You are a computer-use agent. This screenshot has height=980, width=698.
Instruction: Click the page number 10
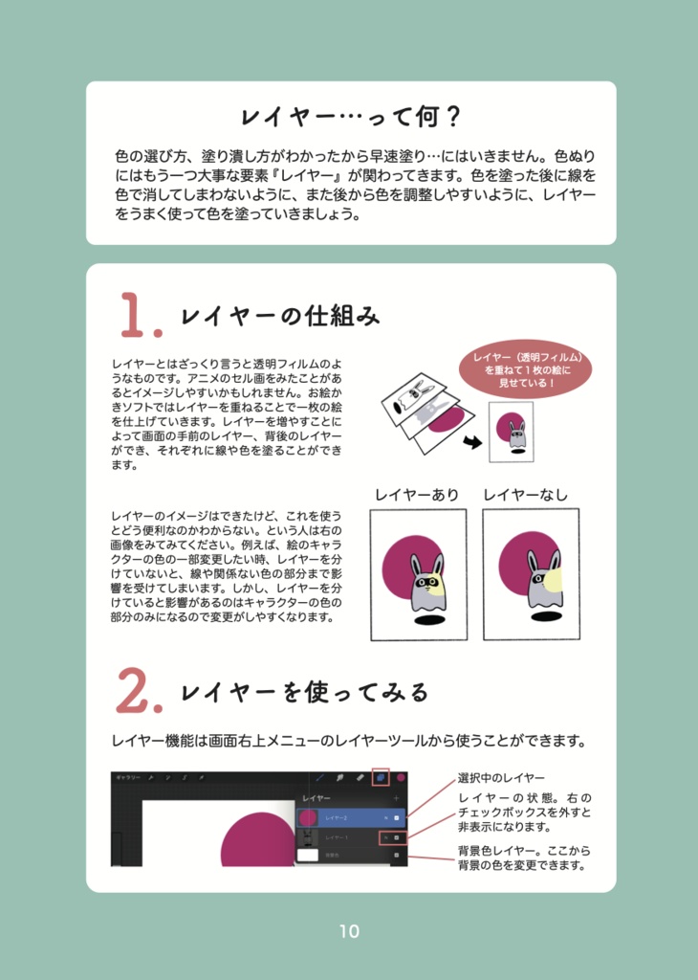point(348,931)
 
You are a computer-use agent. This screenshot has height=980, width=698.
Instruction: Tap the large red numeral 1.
point(140,318)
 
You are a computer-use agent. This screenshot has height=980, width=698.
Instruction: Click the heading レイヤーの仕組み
point(279,317)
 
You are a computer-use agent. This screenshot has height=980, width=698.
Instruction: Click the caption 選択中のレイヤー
point(501,777)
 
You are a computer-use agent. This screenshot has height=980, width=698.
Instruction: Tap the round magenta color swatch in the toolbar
point(402,778)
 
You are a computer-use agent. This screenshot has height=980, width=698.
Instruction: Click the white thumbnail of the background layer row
point(307,855)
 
